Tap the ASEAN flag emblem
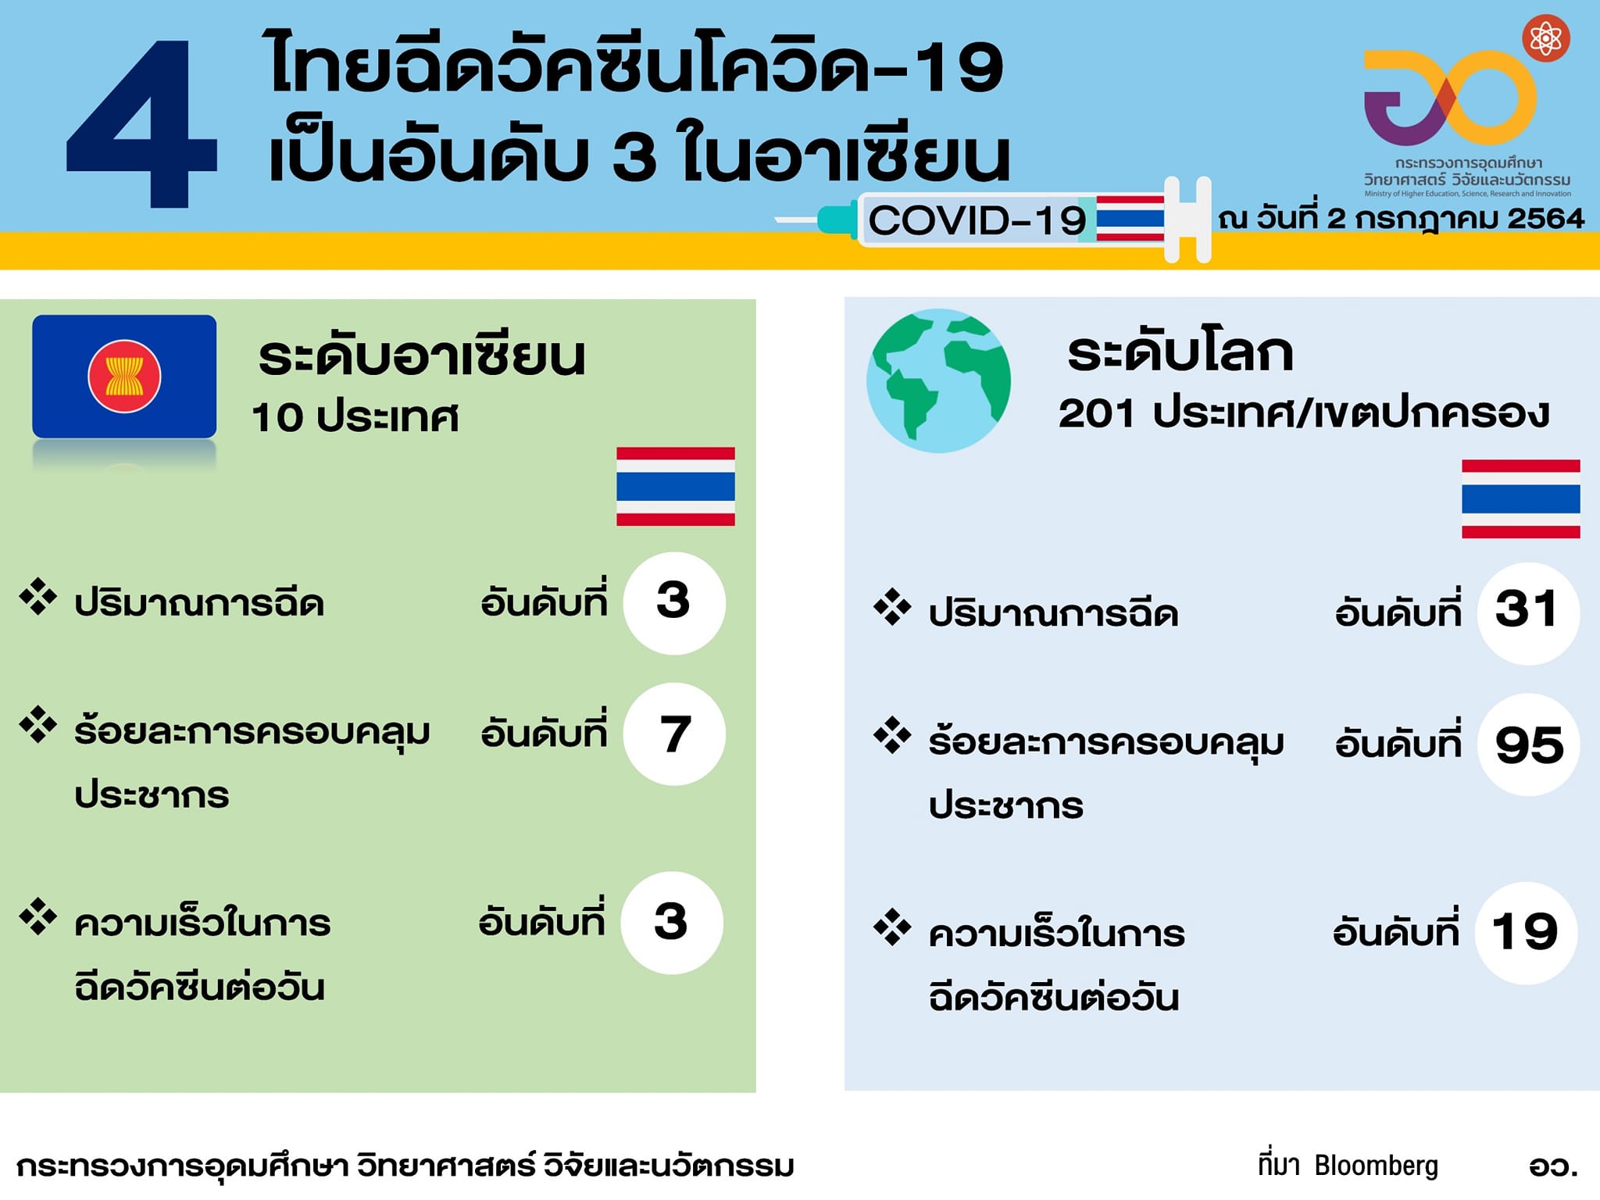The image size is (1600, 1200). [x=124, y=377]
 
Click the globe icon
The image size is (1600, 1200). [x=938, y=380]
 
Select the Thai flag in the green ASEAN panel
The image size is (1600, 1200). [x=676, y=486]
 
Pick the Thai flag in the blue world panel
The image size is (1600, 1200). [x=1521, y=498]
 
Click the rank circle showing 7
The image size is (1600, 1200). [x=674, y=734]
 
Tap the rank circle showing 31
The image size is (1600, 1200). [x=1528, y=613]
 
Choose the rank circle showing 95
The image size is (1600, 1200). [x=1528, y=745]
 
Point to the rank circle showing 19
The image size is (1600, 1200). [x=1526, y=933]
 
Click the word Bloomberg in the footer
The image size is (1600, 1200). [x=1376, y=1166]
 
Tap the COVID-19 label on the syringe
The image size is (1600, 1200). [x=977, y=220]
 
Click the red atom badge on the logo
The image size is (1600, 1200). [x=1546, y=38]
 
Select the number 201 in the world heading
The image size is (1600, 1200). [x=1096, y=413]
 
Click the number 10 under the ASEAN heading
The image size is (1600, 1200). [x=277, y=417]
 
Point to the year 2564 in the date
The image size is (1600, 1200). [x=1545, y=218]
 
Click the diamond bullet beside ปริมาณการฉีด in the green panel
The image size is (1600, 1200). [x=38, y=596]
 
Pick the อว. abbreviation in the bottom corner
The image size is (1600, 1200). [x=1553, y=1166]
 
